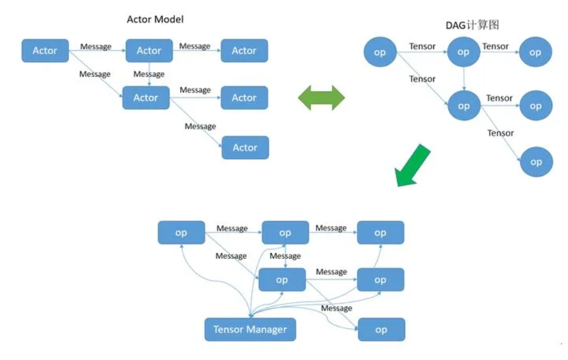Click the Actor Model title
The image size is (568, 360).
(x=155, y=19)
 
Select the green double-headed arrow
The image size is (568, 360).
(x=321, y=97)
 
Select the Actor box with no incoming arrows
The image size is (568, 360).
(x=45, y=51)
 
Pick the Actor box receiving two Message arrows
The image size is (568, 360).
(x=145, y=98)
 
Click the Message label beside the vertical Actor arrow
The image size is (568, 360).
(x=149, y=75)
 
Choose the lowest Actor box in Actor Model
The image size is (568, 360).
(x=245, y=147)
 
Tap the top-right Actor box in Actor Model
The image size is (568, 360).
(x=244, y=51)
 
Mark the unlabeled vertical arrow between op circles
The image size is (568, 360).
(x=463, y=78)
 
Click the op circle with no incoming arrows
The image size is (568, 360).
(x=380, y=52)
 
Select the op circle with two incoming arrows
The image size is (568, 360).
(x=463, y=106)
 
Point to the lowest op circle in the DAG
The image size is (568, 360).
(x=536, y=162)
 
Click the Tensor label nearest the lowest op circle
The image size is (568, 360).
(x=501, y=133)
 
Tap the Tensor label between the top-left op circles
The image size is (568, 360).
(x=422, y=46)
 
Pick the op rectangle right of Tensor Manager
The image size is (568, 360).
(x=381, y=330)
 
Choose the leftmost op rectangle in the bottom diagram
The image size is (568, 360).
(x=181, y=232)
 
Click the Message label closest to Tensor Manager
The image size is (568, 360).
(x=336, y=308)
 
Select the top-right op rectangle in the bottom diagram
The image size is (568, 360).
(x=380, y=232)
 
